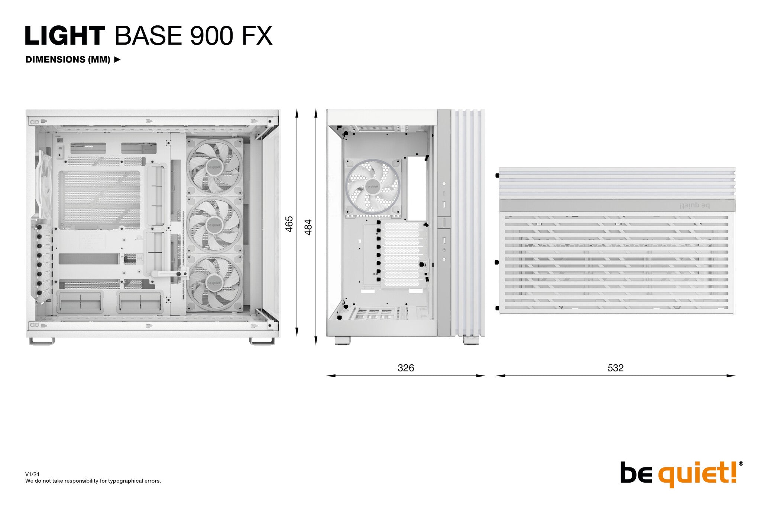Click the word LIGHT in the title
65,36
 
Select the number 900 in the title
211,36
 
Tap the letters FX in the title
257,36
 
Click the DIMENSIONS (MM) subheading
68,60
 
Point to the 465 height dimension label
289,224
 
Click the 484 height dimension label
308,227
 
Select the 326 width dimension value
405,368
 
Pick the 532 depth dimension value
615,368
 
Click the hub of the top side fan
214,167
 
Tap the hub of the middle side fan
214,225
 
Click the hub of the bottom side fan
214,283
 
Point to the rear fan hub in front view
373,186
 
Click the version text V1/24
32,474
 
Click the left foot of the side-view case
42,341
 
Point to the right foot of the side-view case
262,341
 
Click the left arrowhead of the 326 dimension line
329,376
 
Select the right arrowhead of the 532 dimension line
733,376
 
